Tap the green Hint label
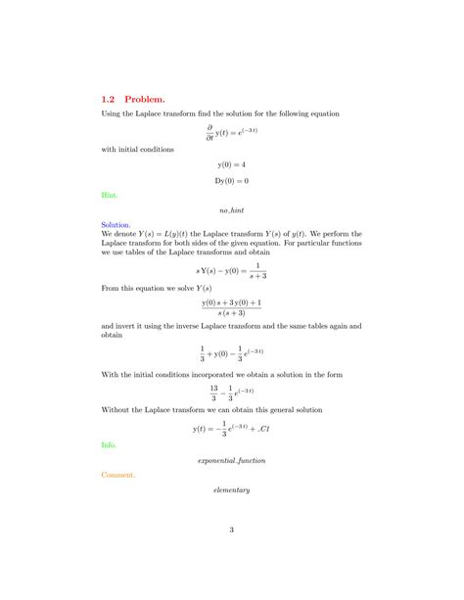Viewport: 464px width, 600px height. pos(109,195)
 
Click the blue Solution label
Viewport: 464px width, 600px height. pos(116,224)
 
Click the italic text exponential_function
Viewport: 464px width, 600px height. pos(232,459)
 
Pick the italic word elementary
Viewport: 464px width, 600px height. pos(232,489)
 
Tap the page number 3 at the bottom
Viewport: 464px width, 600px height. pos(232,531)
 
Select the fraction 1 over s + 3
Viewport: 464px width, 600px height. pos(253,270)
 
